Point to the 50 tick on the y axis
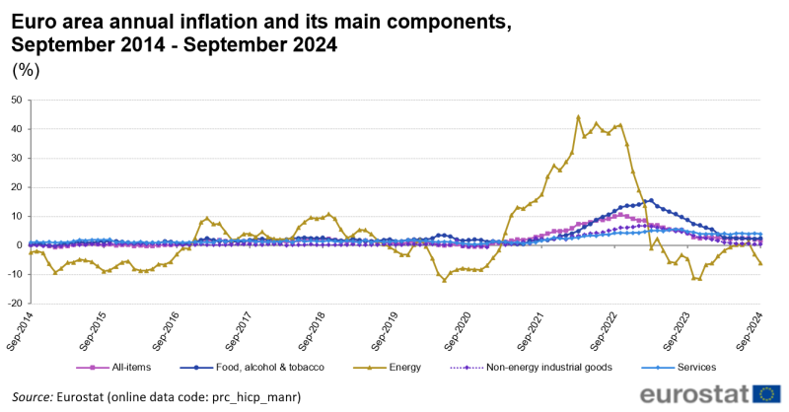point(17,100)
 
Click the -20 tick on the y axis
point(15,303)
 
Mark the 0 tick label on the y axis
point(20,244)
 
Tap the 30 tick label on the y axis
point(17,158)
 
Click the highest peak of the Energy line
point(578,116)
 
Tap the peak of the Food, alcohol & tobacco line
point(651,200)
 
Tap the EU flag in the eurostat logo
point(766,393)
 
